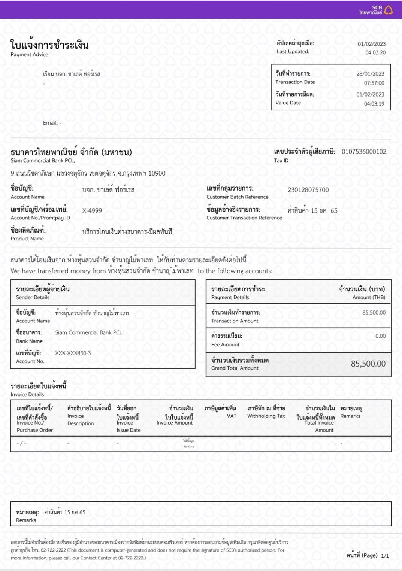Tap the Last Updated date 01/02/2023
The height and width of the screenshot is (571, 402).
371,44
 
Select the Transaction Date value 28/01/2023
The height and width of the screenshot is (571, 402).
370,74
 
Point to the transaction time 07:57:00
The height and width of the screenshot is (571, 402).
374,83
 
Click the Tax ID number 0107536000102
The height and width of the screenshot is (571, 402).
364,152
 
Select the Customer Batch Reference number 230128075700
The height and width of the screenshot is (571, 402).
308,190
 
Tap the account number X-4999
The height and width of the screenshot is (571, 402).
92,210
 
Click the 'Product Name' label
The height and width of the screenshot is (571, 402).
27,239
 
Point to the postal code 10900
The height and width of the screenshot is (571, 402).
157,173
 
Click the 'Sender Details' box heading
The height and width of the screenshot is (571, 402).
33,297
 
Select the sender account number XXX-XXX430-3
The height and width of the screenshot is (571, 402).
73,353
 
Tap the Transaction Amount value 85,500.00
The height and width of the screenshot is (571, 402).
374,313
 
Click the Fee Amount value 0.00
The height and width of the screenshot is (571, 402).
380,336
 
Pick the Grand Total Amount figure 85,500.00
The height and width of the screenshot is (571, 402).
368,364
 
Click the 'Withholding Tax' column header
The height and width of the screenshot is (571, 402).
266,416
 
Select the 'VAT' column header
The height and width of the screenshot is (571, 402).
232,416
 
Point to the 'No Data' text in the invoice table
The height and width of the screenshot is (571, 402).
189,446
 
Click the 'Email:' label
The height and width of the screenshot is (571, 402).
50,123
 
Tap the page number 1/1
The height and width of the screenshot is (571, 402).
385,556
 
